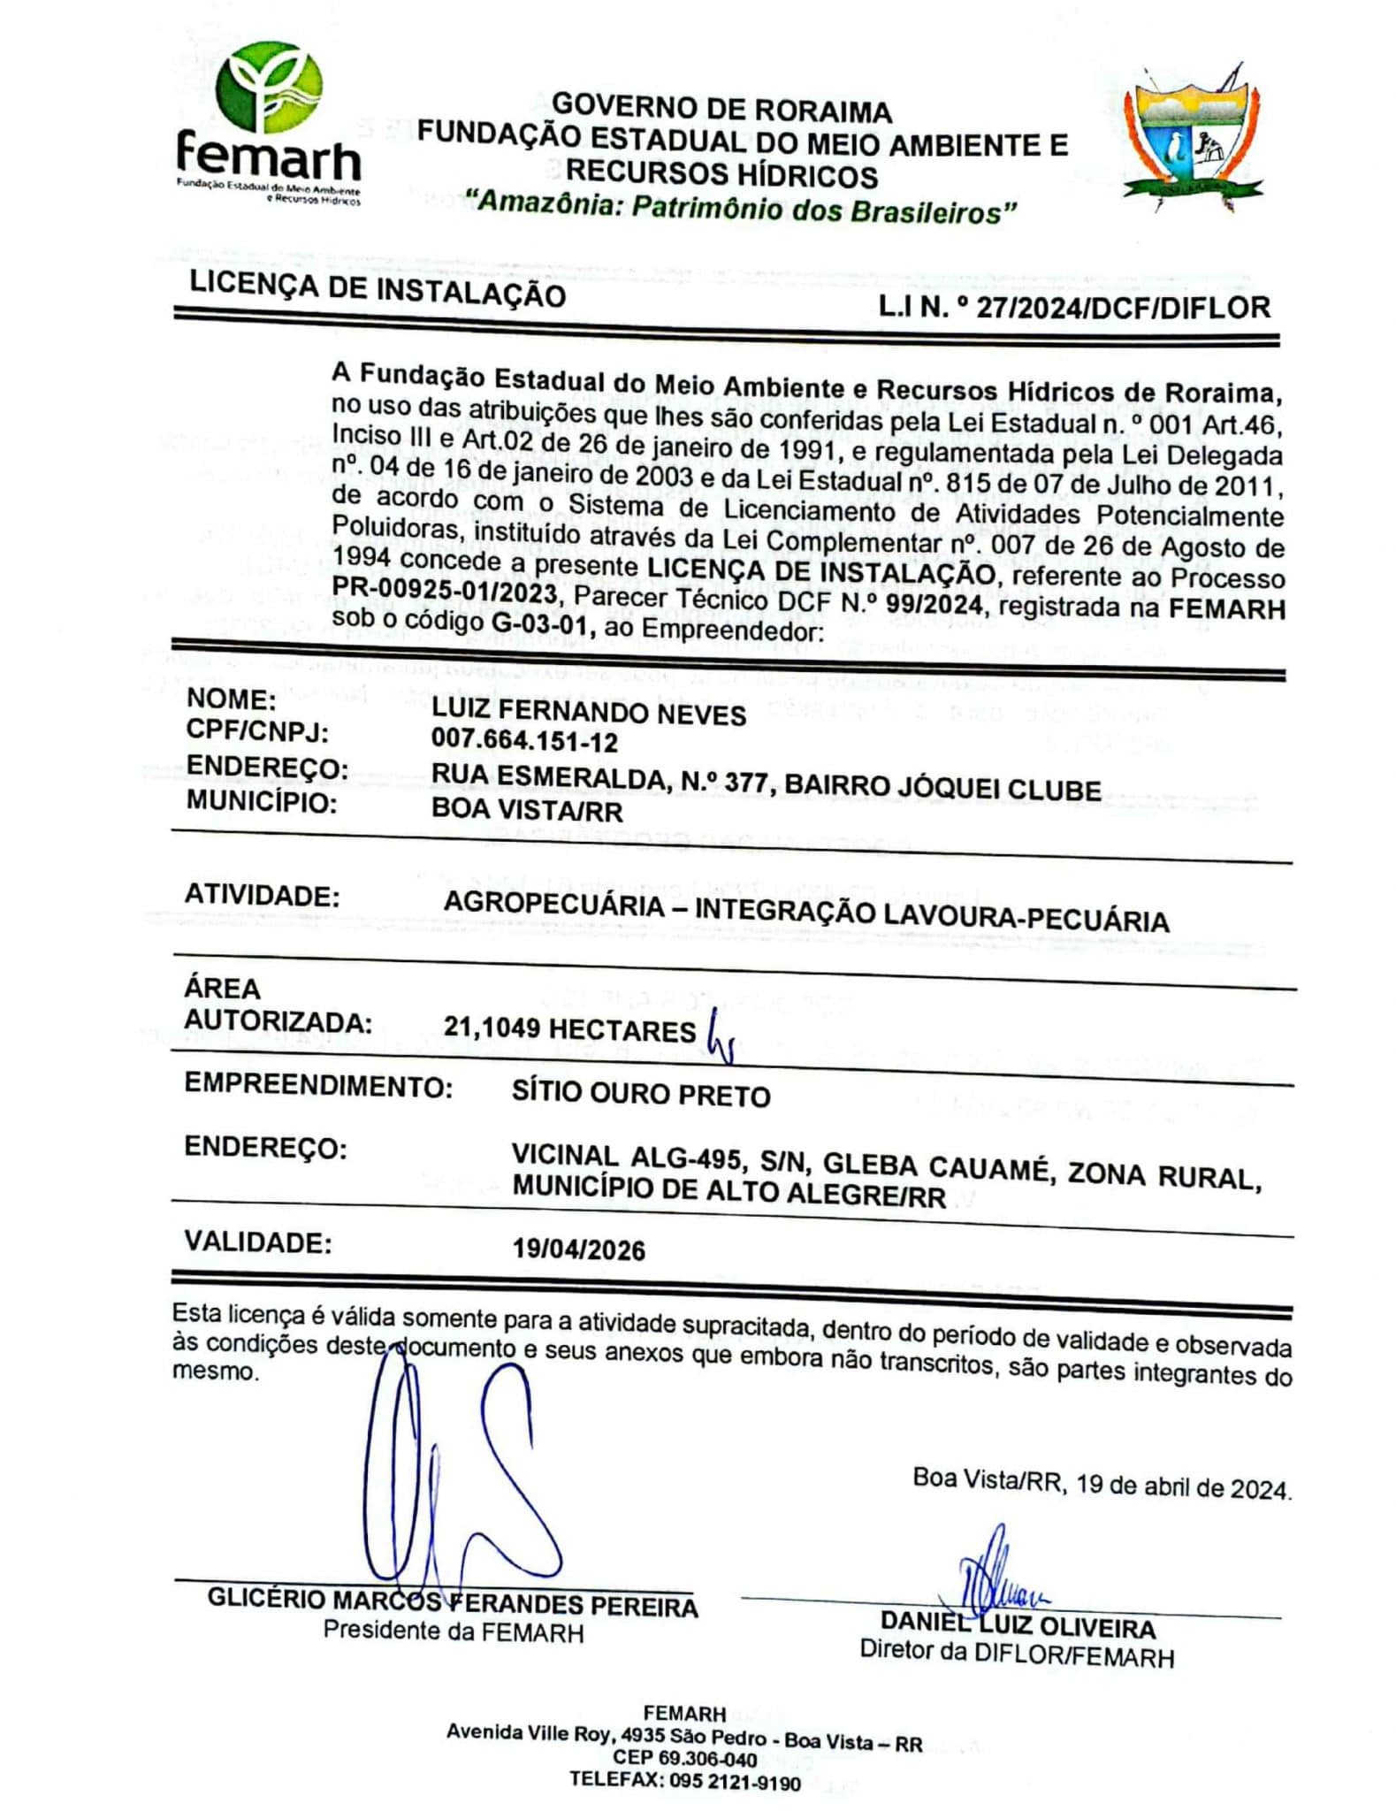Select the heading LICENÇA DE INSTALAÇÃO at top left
[x=378, y=287]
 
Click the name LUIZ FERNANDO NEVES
[x=588, y=712]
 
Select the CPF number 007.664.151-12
[x=524, y=740]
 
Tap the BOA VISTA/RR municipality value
[x=527, y=809]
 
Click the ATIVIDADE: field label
[x=262, y=895]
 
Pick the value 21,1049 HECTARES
[x=569, y=1028]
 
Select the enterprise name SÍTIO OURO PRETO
[x=641, y=1094]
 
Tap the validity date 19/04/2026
[x=579, y=1249]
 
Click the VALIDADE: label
[x=258, y=1242]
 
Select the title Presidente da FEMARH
[x=453, y=1631]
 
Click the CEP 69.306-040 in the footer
[x=684, y=1757]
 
